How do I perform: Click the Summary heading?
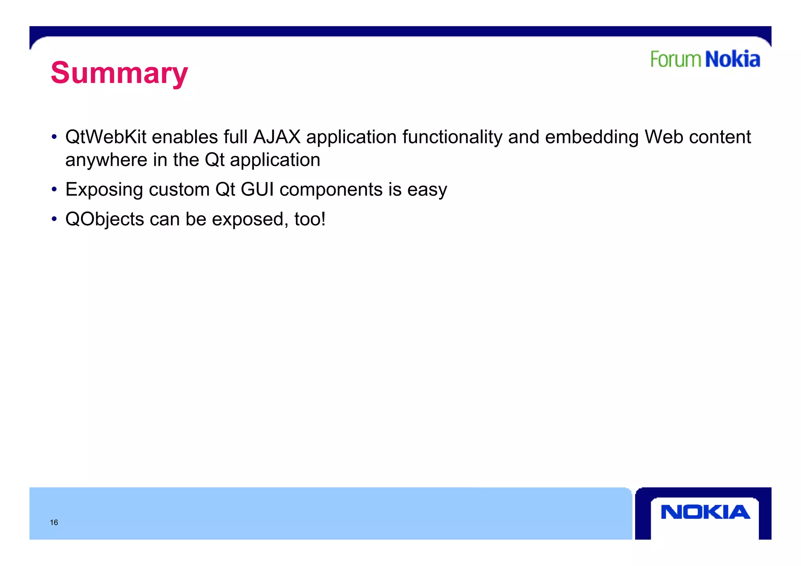(x=119, y=73)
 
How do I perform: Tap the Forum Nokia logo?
(x=705, y=59)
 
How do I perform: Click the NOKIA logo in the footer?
(x=705, y=512)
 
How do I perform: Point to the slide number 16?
(x=54, y=523)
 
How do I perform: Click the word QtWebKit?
(x=106, y=137)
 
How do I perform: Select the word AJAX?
(x=277, y=137)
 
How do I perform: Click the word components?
(x=331, y=190)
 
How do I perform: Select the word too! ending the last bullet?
(x=310, y=219)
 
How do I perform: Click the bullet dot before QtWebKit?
(x=54, y=137)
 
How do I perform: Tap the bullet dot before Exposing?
(x=54, y=190)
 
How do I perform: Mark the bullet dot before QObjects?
(x=54, y=219)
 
